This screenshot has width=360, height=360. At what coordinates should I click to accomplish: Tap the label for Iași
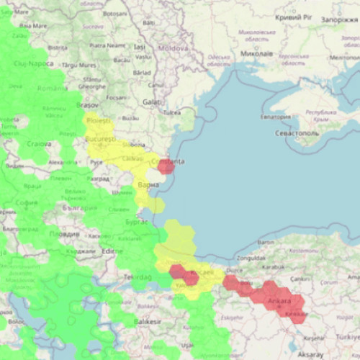(140, 47)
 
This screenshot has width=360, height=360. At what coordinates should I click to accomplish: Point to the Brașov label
(87, 105)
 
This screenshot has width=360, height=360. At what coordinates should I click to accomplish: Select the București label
(100, 138)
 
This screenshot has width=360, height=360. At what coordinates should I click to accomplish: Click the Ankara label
(281, 300)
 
